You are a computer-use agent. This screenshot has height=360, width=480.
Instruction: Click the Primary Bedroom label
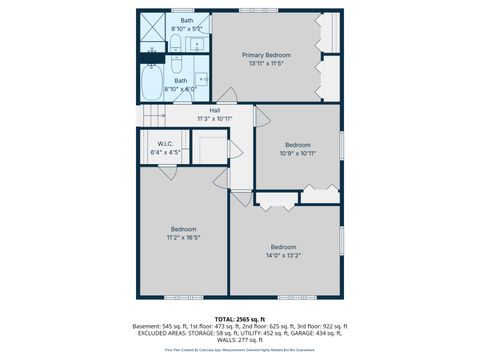(x=268, y=55)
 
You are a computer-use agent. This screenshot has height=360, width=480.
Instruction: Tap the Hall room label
(x=215, y=111)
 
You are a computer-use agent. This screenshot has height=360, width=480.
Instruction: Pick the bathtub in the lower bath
(x=153, y=81)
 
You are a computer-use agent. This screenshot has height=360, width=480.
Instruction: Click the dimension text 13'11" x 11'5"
(x=268, y=64)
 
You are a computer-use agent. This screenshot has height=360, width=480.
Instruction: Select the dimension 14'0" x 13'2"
(x=283, y=256)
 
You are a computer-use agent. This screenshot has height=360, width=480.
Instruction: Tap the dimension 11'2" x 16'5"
(x=183, y=238)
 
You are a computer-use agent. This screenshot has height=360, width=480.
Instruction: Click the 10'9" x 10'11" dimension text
(x=297, y=153)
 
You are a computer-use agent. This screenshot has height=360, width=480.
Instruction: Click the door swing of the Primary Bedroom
(x=227, y=96)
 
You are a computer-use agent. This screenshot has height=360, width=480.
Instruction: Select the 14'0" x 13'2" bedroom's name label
(x=283, y=247)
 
